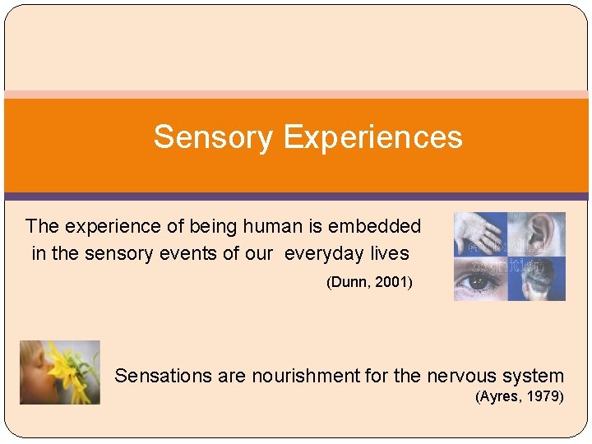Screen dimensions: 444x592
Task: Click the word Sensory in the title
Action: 212,137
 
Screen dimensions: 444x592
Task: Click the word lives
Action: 389,253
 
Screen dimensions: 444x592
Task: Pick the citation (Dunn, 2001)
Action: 369,283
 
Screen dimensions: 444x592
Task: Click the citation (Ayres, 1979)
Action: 520,397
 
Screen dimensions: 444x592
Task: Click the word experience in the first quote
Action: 104,226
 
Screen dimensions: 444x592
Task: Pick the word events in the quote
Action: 185,253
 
